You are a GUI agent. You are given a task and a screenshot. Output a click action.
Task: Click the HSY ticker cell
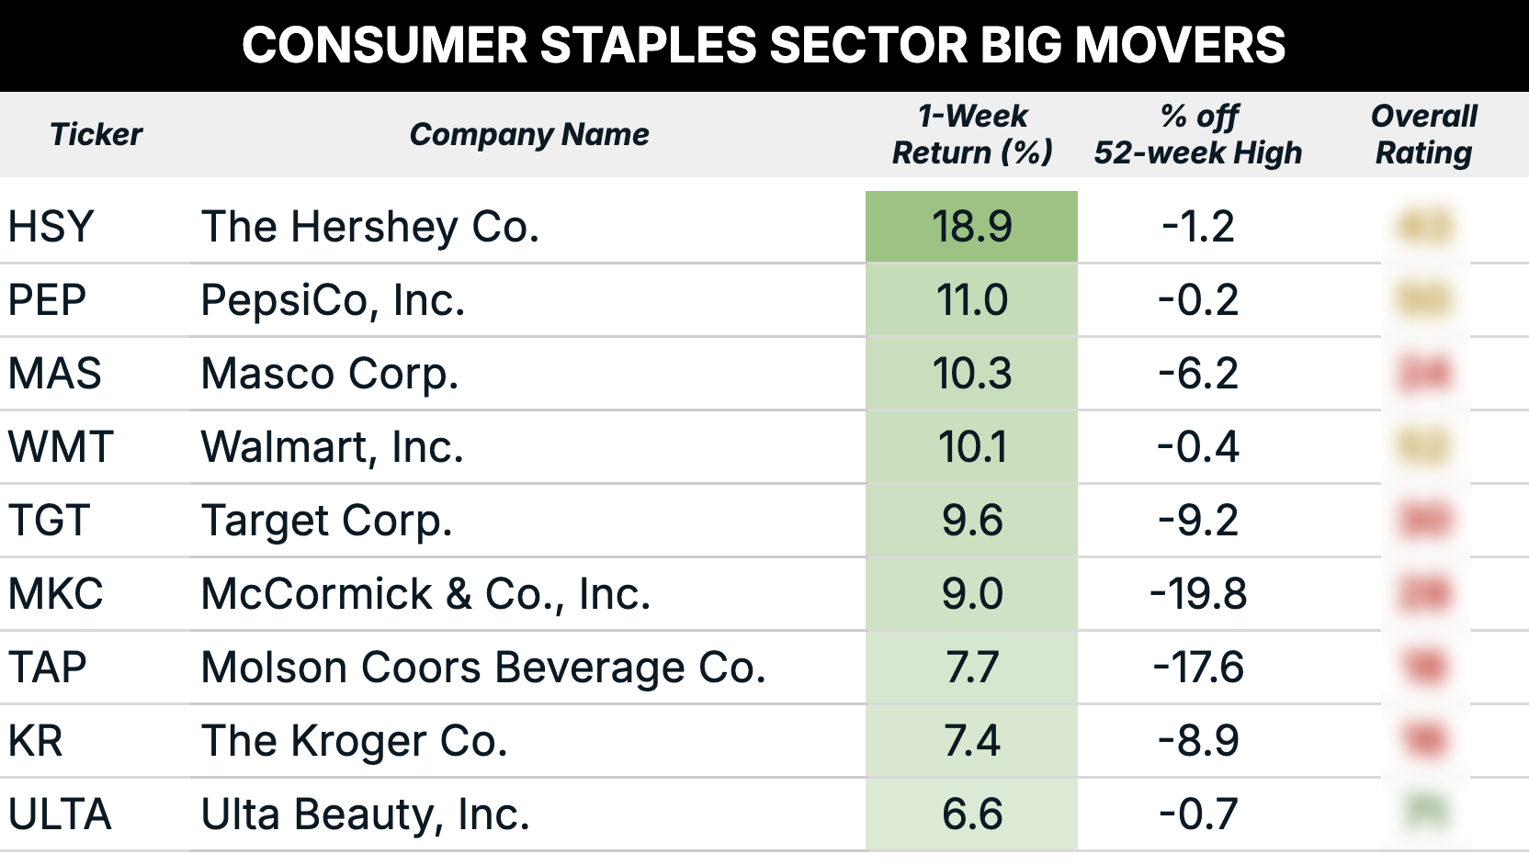click(x=51, y=227)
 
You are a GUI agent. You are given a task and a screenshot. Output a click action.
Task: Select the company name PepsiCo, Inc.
click(x=333, y=300)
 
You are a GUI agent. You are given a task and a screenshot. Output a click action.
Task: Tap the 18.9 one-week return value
click(x=971, y=227)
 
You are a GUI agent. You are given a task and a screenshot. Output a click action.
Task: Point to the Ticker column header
click(x=96, y=134)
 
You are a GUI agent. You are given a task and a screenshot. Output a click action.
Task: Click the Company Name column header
click(x=529, y=134)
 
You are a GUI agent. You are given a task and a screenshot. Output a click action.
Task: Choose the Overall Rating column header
click(x=1423, y=134)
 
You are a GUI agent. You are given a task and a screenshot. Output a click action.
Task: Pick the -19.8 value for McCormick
click(x=1198, y=594)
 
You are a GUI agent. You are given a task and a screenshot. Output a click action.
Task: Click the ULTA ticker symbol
click(x=60, y=814)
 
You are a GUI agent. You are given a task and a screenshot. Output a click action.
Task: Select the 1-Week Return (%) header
click(x=972, y=134)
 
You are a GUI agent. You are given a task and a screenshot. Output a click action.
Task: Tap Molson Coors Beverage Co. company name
click(x=483, y=668)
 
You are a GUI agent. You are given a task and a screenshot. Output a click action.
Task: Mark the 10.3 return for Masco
click(x=971, y=374)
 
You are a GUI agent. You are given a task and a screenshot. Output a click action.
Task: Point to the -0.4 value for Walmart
click(x=1198, y=447)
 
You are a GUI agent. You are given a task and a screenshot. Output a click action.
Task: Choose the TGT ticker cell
click(x=49, y=521)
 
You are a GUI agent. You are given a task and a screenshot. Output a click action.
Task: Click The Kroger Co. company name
click(x=354, y=741)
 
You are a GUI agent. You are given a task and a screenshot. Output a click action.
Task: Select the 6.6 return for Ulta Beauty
click(x=971, y=814)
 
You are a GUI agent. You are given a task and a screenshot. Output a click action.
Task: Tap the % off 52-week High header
click(x=1198, y=134)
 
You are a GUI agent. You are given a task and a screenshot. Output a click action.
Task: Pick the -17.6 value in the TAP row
click(x=1198, y=668)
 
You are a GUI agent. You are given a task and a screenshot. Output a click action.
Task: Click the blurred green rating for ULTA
click(x=1425, y=813)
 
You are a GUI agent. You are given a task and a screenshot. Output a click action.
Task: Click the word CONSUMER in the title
click(x=384, y=45)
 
